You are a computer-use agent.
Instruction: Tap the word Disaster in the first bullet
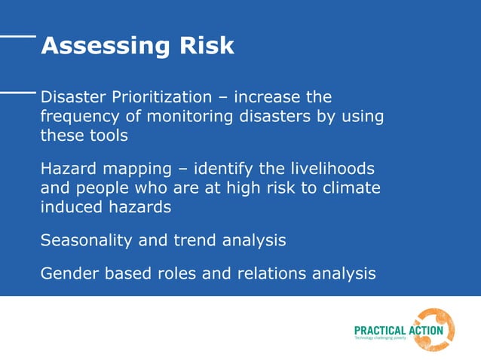tap(72, 97)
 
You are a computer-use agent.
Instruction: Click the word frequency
tap(77, 117)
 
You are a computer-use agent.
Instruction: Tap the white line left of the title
tap(17, 35)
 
